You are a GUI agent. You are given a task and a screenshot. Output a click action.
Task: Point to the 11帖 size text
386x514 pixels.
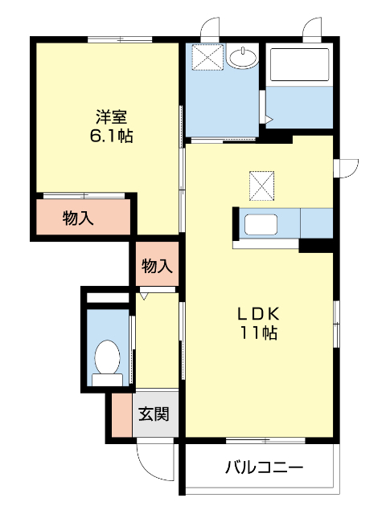pyautogui.click(x=257, y=333)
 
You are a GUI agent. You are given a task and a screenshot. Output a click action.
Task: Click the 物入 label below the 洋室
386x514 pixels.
pyautogui.click(x=78, y=218)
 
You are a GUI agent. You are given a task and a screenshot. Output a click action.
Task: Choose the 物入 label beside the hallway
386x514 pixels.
pyautogui.click(x=156, y=267)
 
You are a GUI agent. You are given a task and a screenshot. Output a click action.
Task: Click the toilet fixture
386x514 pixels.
pyautogui.click(x=107, y=357)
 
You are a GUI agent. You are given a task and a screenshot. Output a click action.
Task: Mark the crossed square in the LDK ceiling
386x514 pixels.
pyautogui.click(x=261, y=186)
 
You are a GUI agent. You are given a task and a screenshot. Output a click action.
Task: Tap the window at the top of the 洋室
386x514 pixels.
pyautogui.click(x=121, y=39)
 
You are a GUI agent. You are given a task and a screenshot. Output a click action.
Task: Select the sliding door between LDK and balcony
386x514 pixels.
pyautogui.click(x=265, y=440)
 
